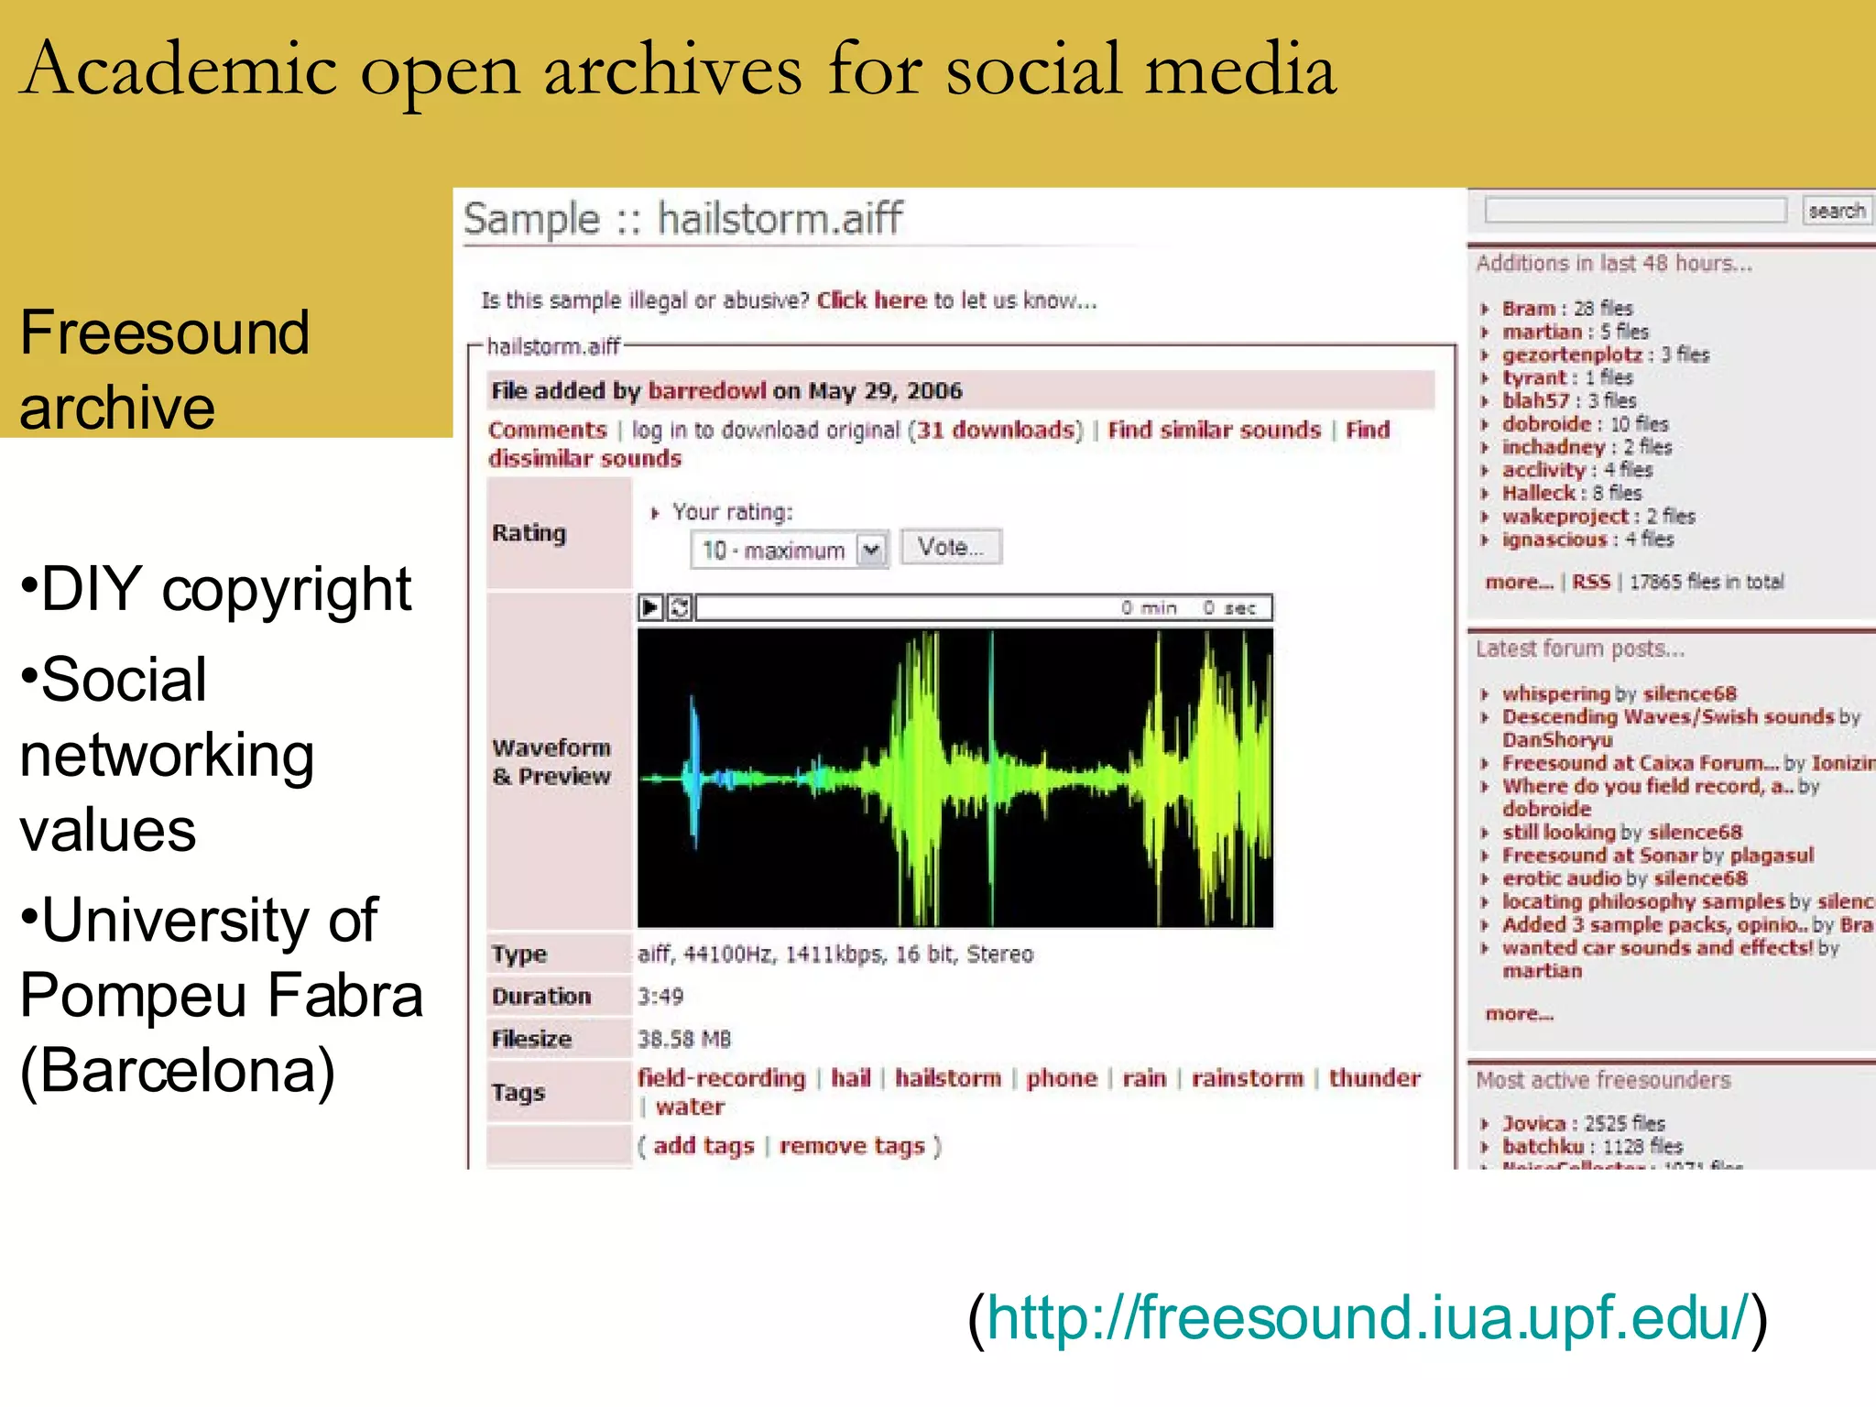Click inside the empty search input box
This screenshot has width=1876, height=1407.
point(1635,211)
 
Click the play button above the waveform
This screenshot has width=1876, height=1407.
point(650,607)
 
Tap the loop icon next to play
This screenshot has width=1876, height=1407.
point(680,607)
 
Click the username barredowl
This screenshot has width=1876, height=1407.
point(706,391)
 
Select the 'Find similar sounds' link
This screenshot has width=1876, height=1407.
point(1214,431)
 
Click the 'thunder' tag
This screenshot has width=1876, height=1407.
point(1374,1078)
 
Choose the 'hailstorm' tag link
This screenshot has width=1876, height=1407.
point(948,1078)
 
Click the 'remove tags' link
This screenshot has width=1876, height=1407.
point(852,1146)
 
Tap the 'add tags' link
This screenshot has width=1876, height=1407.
point(703,1146)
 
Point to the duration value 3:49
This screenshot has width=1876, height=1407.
point(660,997)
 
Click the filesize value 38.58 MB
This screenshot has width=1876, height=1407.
point(684,1039)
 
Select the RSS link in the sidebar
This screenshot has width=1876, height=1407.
point(1591,582)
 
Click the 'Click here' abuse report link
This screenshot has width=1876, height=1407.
point(871,300)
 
